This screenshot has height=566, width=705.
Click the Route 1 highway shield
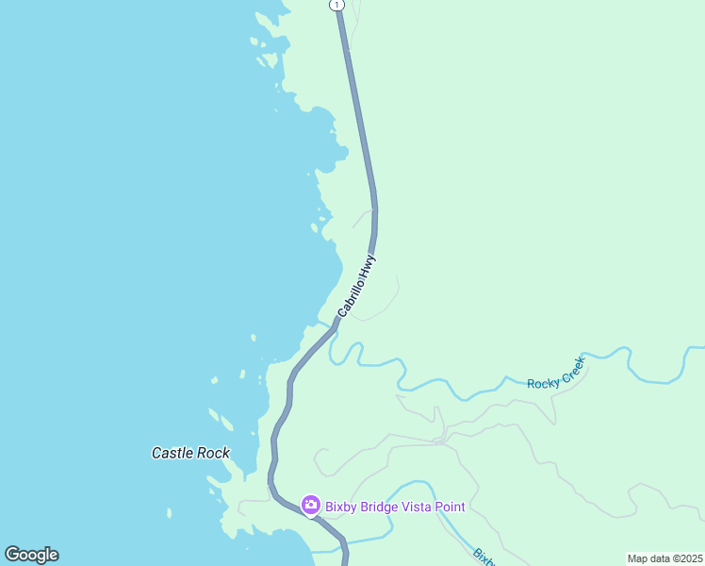tap(336, 5)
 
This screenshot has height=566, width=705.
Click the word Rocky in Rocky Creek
tap(543, 383)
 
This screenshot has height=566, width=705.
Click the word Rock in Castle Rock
tap(214, 453)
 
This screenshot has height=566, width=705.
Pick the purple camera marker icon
tap(310, 507)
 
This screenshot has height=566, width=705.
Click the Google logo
tap(31, 555)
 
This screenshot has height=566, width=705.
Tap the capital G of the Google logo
tap(12, 555)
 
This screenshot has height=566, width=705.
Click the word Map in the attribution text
tap(638, 558)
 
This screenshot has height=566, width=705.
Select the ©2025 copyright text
tap(685, 558)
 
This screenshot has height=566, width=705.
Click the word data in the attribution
tap(659, 558)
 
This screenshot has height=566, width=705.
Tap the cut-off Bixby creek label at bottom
tap(483, 557)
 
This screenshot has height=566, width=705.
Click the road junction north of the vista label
tap(441, 441)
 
